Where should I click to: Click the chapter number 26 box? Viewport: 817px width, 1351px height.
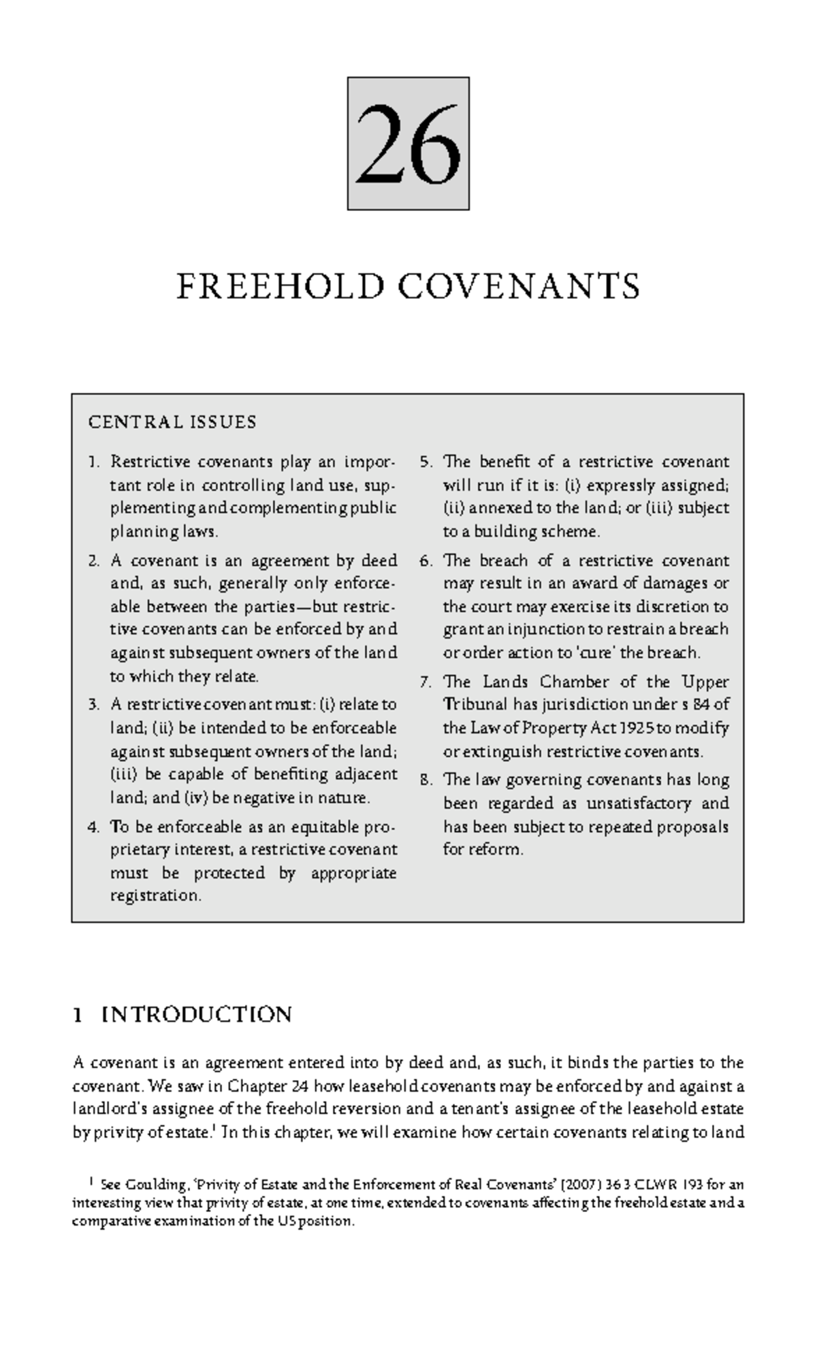(408, 143)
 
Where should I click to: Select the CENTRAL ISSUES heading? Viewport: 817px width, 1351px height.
(172, 422)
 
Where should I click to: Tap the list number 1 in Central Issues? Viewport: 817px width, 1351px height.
(93, 462)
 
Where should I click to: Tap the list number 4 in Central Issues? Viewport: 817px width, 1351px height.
(93, 827)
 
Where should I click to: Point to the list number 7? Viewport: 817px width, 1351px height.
(426, 682)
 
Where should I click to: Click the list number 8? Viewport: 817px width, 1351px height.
(426, 780)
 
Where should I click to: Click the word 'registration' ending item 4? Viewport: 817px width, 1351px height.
(155, 895)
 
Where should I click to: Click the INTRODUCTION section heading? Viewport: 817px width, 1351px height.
(196, 1015)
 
